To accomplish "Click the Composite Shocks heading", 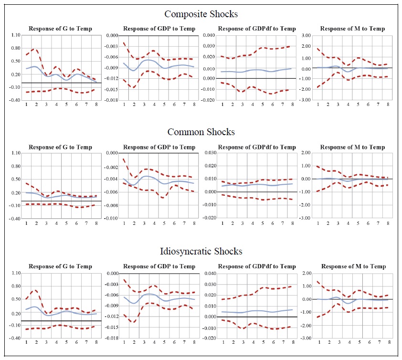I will coord(201,14).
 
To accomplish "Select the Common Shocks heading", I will coord(201,132).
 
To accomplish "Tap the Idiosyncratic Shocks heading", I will coord(201,251).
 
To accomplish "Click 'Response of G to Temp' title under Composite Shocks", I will coord(61,29).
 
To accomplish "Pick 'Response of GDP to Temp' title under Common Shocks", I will coord(159,147).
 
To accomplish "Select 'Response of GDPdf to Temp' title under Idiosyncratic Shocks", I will coord(257,266).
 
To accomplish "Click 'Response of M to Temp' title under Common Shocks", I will coord(352,147).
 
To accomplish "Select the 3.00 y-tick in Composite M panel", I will coord(306,36).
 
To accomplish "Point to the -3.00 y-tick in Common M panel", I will coord(305,218).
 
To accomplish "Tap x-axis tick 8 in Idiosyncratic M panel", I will coord(389,342).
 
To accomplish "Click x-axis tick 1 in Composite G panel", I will coord(27,104).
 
